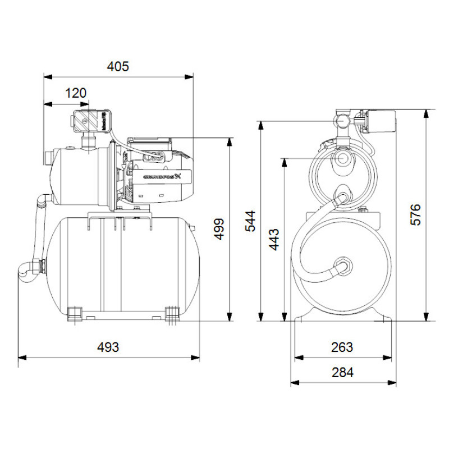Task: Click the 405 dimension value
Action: point(118,67)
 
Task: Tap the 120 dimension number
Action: point(75,93)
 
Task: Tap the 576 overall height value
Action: point(415,215)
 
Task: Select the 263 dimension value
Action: point(342,347)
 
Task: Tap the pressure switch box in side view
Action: point(90,121)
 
